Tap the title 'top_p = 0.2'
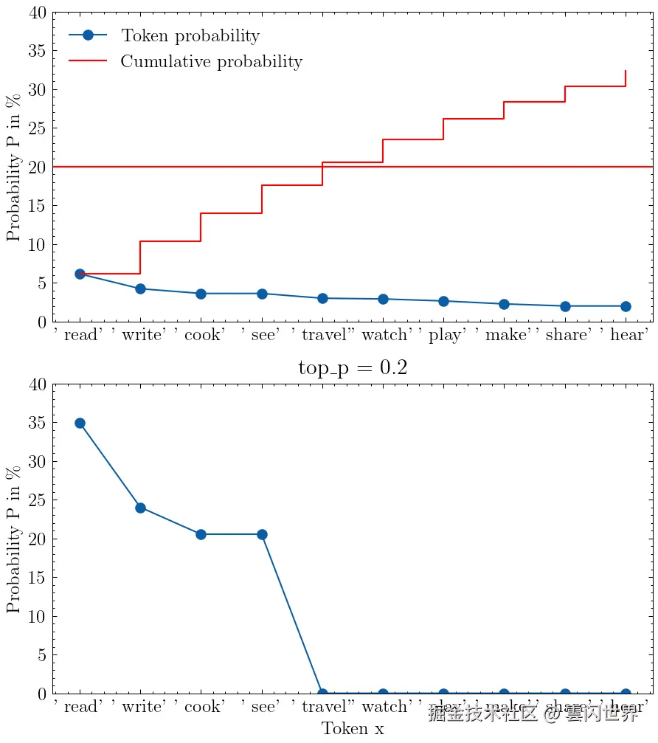(x=353, y=368)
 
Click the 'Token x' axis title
(x=353, y=729)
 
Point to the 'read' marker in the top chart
(x=80, y=274)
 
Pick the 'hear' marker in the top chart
(x=626, y=306)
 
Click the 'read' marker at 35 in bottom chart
(x=80, y=423)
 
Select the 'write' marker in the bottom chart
(x=140, y=508)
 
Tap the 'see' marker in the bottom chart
(x=262, y=534)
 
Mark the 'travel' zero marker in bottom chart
(x=322, y=694)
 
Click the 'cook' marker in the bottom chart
(x=201, y=534)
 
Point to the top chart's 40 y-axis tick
(x=38, y=13)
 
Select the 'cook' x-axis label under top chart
(x=201, y=336)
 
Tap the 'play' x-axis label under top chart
(x=443, y=336)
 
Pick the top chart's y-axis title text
(x=14, y=167)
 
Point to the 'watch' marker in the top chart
(x=383, y=299)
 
